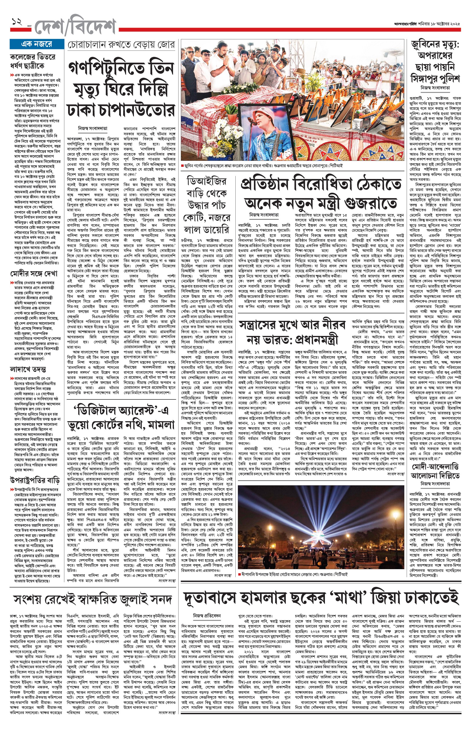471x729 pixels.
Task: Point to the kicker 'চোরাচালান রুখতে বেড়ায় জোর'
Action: [121, 45]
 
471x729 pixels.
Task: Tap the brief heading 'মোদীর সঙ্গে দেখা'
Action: [34, 273]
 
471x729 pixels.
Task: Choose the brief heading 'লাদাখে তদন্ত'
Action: [28, 369]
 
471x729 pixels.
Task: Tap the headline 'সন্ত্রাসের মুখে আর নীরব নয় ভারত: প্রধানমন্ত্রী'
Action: [292, 332]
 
